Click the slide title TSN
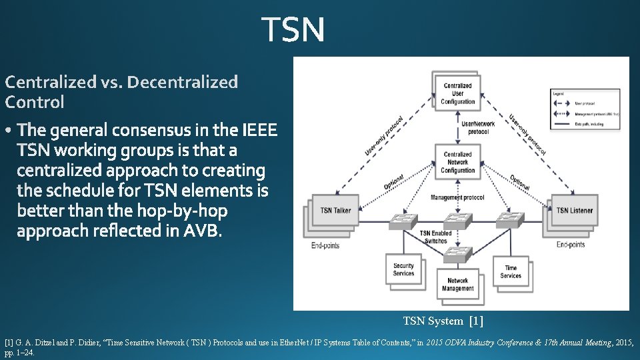tap(293, 30)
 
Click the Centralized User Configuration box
tap(457, 94)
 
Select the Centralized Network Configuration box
tap(457, 162)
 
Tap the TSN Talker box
tap(335, 211)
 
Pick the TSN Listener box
tap(575, 211)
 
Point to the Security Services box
tap(403, 269)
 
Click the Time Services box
tap(510, 272)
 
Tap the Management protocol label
tap(457, 198)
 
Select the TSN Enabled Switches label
tap(435, 237)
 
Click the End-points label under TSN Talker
tap(325, 245)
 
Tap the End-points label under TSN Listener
tap(571, 245)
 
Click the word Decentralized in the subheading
tap(182, 82)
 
